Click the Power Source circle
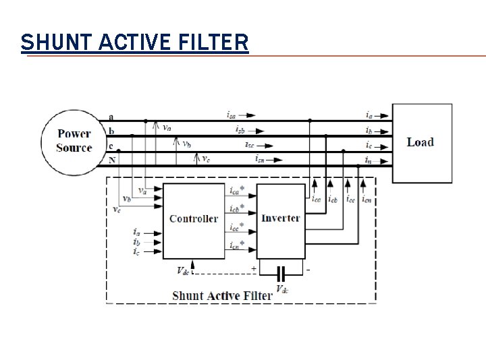[74, 141]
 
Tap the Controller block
[193, 218]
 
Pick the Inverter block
[280, 218]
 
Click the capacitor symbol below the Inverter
[281, 273]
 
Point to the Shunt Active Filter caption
[222, 295]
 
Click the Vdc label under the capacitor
[283, 291]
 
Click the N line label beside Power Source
[111, 160]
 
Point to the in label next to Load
[368, 160]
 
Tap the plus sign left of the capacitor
[254, 268]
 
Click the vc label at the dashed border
[117, 210]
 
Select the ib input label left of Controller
[136, 241]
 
